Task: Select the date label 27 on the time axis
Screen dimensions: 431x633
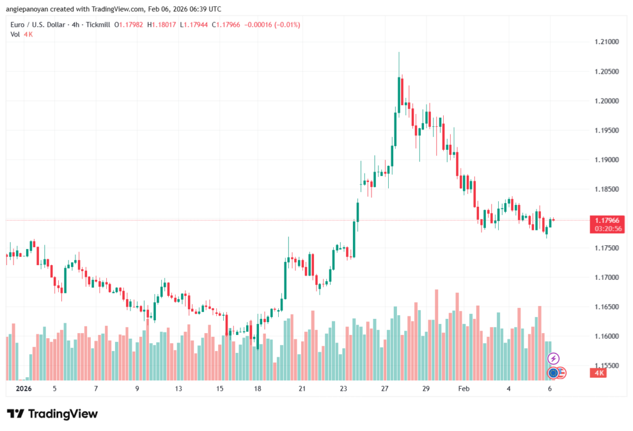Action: coord(385,389)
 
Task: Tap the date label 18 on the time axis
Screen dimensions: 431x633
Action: coord(258,389)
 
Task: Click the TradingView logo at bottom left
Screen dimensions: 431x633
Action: coord(53,414)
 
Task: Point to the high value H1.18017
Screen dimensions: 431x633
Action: coord(176,25)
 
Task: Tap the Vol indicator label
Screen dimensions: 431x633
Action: coord(15,34)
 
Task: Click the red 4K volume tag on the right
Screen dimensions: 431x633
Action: coord(599,373)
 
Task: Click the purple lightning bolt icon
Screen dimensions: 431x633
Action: coord(554,359)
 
